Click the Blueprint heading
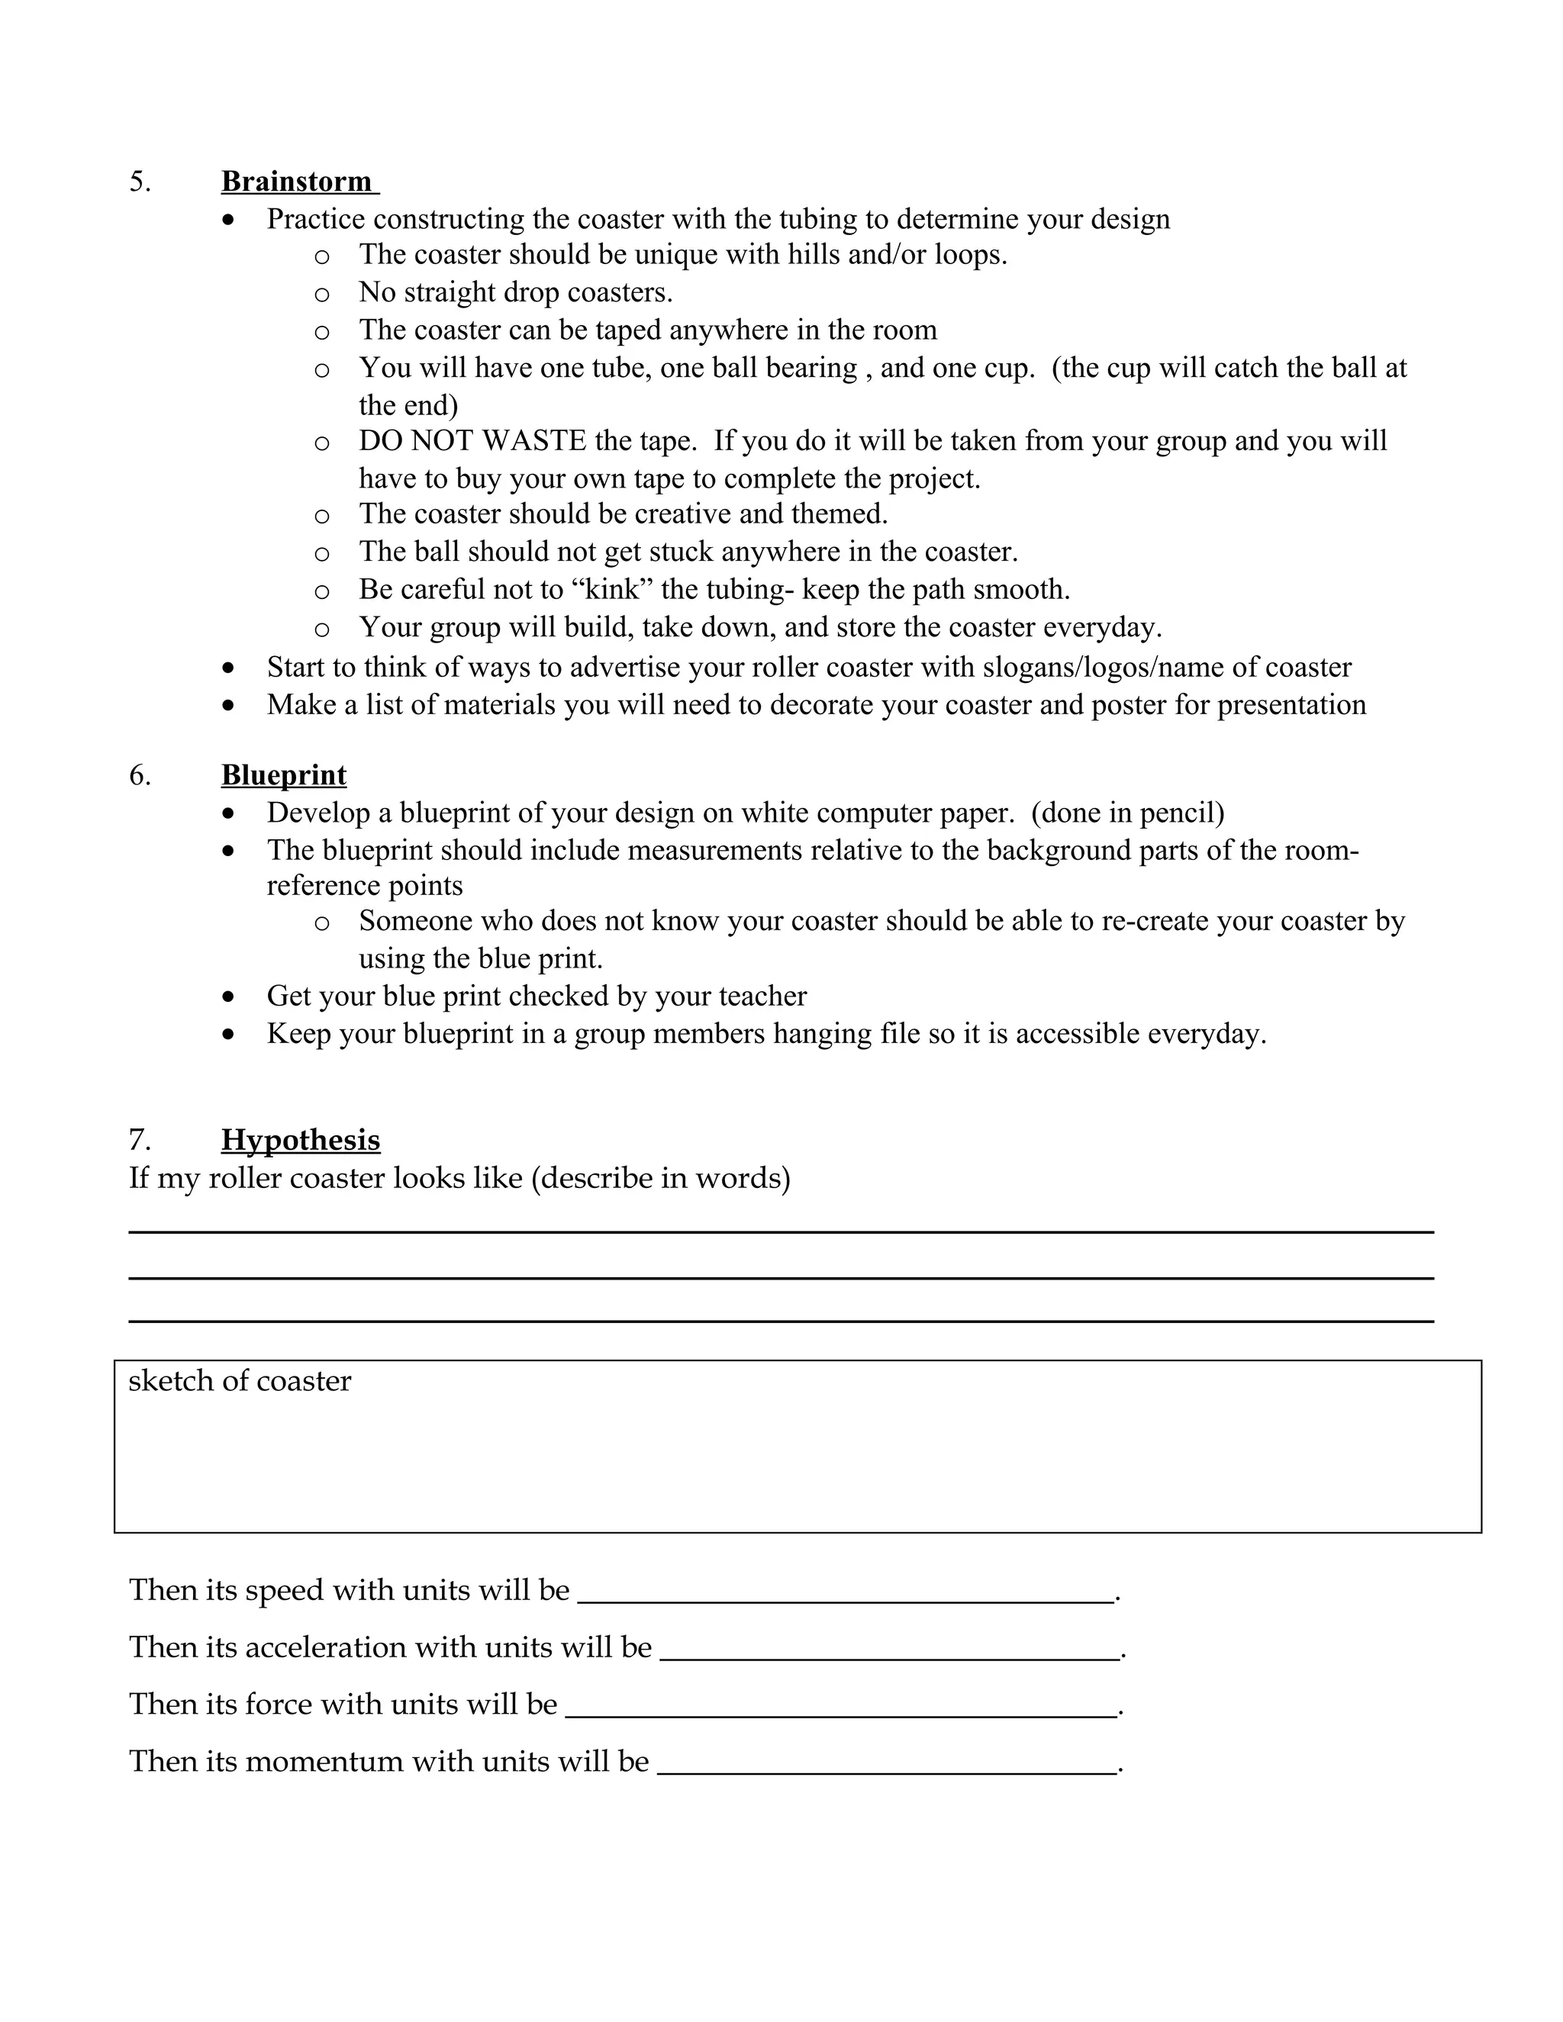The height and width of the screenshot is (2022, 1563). pyautogui.click(x=283, y=775)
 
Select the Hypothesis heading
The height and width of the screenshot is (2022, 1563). pyautogui.click(x=300, y=1140)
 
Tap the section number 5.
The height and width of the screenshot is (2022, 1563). pyautogui.click(x=139, y=182)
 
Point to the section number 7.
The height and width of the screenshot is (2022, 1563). pyautogui.click(x=139, y=1140)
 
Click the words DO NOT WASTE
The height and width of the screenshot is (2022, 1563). pyautogui.click(x=472, y=441)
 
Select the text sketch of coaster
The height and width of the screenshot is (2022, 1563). pyautogui.click(x=240, y=1380)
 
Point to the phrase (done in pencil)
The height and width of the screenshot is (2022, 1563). pyautogui.click(x=1127, y=813)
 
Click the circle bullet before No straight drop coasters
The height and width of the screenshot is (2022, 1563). pyautogui.click(x=321, y=294)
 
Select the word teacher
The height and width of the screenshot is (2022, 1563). pyautogui.click(x=765, y=997)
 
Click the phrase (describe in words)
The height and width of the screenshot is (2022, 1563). pyautogui.click(x=660, y=1179)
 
